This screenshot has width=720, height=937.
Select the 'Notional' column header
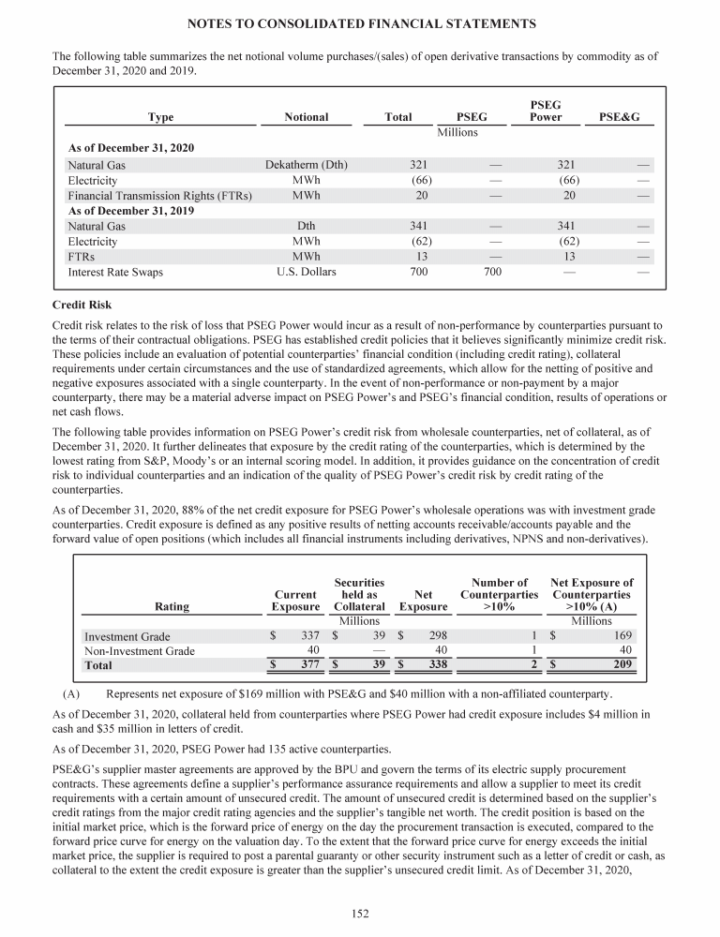(x=306, y=117)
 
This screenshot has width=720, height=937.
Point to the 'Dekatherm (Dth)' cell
(x=306, y=165)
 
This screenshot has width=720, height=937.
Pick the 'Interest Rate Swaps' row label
(x=115, y=272)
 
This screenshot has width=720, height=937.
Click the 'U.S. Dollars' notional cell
(x=306, y=272)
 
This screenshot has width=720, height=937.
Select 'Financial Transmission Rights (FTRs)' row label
(x=160, y=196)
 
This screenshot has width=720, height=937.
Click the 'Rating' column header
(x=171, y=606)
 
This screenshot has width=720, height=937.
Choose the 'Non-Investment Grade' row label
(x=140, y=650)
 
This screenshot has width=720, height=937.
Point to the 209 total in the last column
(x=622, y=665)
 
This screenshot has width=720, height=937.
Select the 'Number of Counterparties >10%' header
(x=499, y=594)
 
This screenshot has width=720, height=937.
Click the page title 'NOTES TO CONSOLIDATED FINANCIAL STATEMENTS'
(x=360, y=22)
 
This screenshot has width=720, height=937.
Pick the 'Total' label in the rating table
(x=98, y=665)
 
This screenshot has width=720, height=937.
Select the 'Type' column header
(x=160, y=117)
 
